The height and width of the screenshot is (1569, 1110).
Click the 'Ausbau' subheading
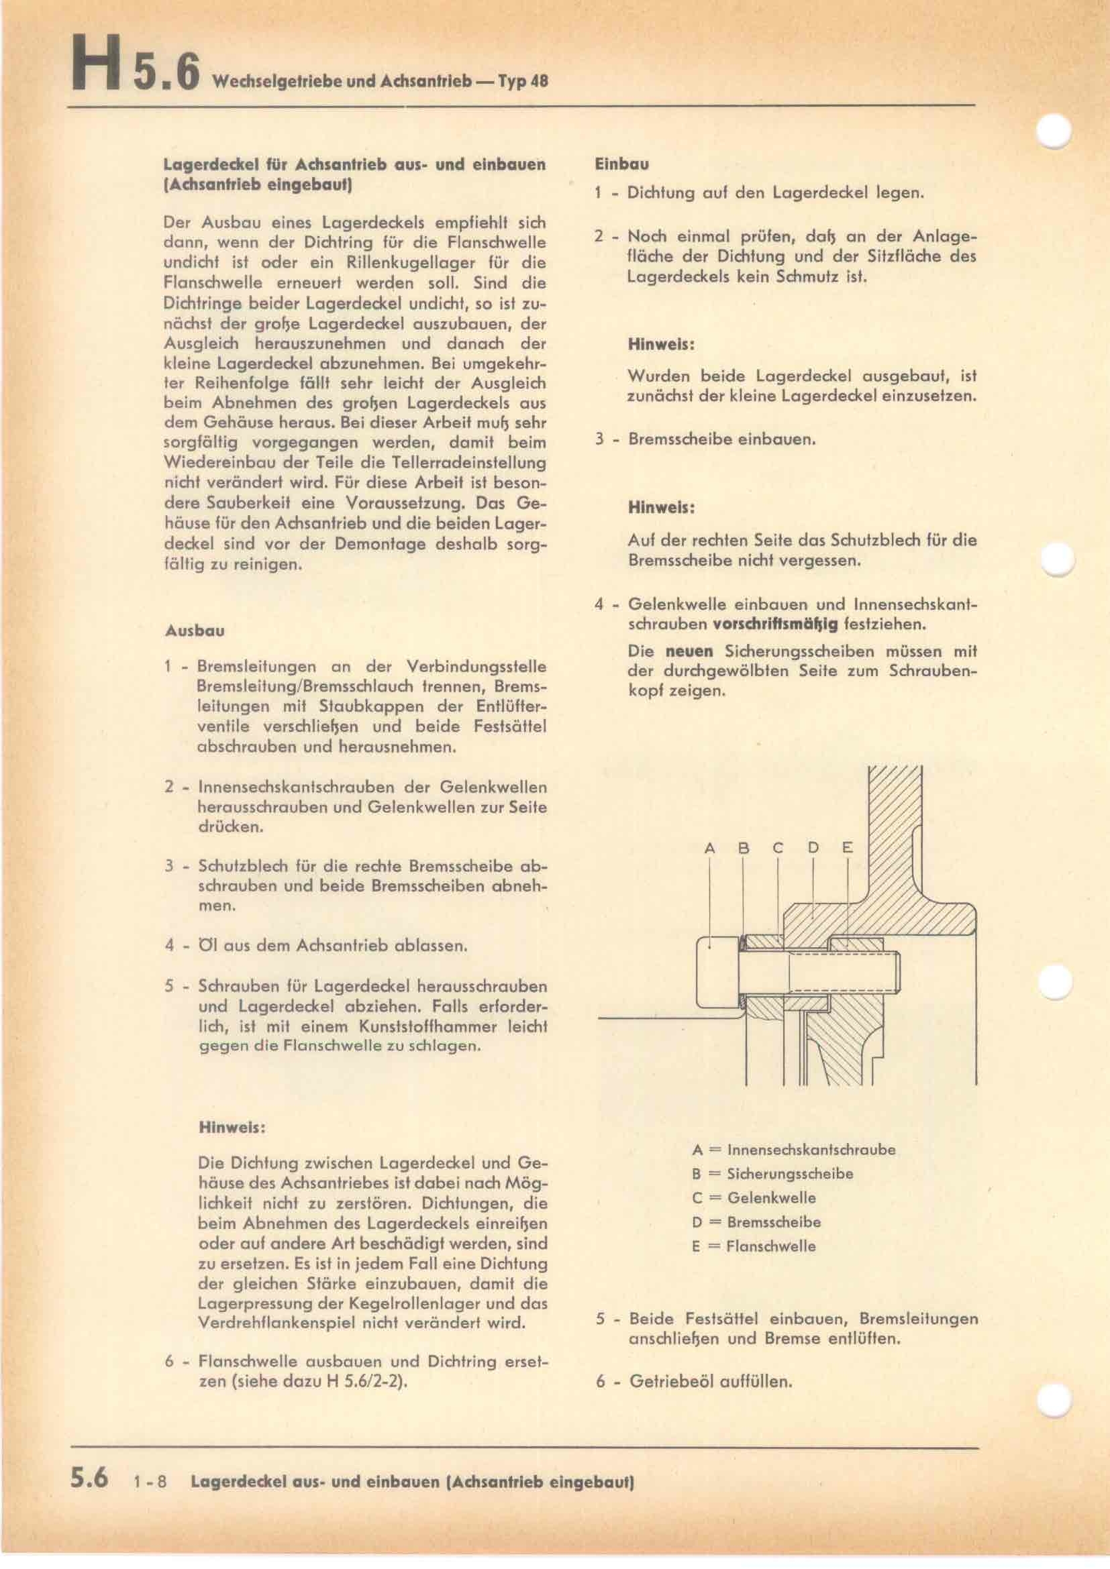tap(194, 631)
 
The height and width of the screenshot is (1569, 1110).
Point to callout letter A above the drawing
tap(709, 849)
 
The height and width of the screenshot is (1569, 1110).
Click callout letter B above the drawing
tap(744, 849)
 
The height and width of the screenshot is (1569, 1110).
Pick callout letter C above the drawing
tap(778, 849)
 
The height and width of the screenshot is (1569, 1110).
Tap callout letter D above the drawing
tap(813, 849)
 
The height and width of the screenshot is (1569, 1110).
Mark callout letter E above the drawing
tap(848, 849)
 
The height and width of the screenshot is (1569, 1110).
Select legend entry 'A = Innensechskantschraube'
tap(793, 1150)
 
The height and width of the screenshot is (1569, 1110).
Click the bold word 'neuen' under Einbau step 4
tap(689, 652)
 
